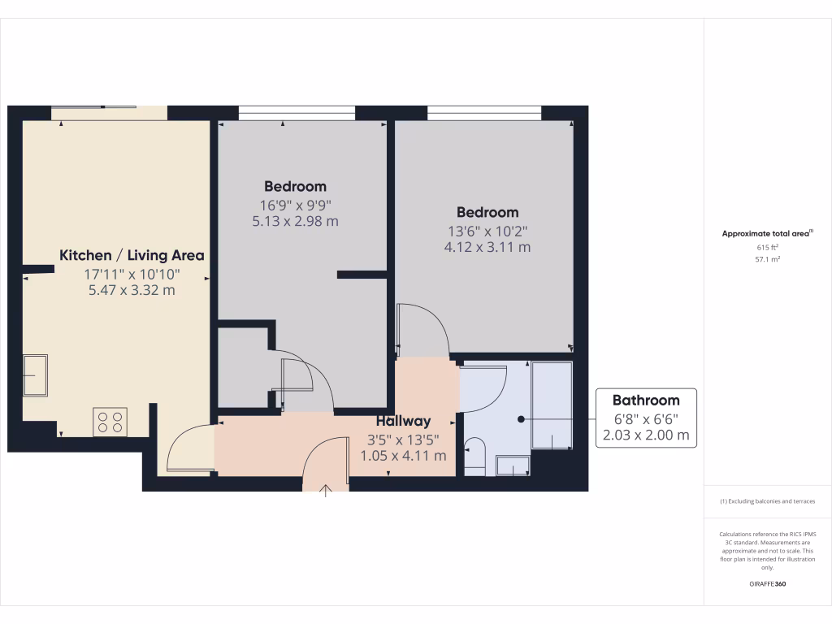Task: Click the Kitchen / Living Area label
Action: click(132, 255)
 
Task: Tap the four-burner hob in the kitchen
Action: click(110, 422)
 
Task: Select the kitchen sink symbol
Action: click(35, 375)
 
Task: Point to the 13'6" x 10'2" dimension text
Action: click(487, 230)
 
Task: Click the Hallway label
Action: click(403, 421)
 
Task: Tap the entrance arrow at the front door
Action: click(326, 490)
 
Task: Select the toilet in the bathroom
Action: click(474, 455)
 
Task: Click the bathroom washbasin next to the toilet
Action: click(512, 466)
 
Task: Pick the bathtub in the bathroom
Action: click(552, 405)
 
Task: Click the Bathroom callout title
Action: click(646, 400)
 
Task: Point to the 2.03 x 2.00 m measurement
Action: click(646, 435)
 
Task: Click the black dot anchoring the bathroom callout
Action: click(521, 419)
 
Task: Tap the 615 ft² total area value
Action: click(767, 248)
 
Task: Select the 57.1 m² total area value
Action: click(767, 260)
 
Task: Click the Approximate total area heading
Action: click(767, 234)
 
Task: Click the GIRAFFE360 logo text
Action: click(767, 584)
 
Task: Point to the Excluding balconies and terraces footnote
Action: click(767, 501)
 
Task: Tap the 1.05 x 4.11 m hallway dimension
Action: click(403, 456)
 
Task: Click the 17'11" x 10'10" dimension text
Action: click(132, 275)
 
